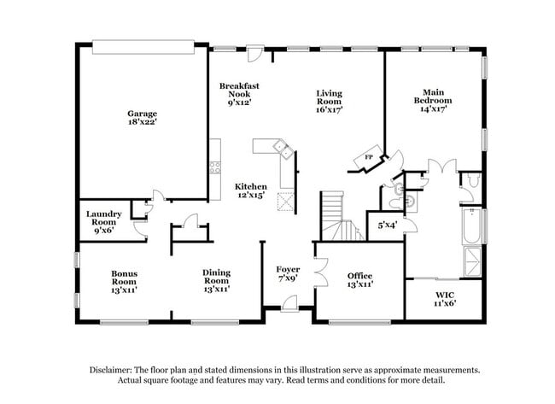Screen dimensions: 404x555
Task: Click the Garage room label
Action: (143, 118)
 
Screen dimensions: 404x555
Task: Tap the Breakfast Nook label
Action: (239, 94)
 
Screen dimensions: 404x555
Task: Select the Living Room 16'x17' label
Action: (329, 102)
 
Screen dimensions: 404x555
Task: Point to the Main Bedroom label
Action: (432, 100)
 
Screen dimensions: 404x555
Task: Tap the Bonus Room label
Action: (124, 281)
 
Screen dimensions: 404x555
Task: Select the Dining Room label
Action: (216, 281)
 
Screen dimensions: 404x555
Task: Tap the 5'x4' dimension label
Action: (387, 225)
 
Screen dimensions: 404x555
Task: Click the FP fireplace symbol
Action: (369, 159)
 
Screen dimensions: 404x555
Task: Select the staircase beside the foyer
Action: (335, 218)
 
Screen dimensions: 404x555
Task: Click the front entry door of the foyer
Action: (290, 302)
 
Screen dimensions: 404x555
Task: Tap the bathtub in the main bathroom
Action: (470, 230)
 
